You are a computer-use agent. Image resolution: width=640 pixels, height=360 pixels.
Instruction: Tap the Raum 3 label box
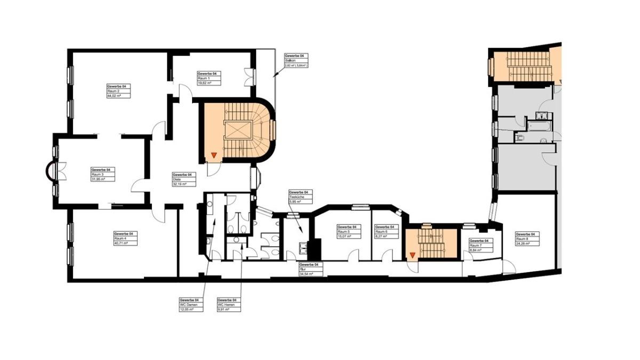[x=101, y=174]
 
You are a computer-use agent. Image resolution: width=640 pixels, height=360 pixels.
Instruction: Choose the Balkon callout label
[x=296, y=61]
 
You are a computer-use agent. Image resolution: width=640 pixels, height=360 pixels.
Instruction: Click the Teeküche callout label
[x=300, y=197]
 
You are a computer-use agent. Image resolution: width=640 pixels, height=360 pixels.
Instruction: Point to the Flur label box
[x=309, y=269]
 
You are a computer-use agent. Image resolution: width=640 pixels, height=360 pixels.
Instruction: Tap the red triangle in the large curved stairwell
[x=213, y=155]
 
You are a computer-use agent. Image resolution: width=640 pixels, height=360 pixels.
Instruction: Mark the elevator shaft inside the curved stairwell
[x=238, y=130]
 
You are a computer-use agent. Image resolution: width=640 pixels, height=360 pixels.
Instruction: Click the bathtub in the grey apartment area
[x=539, y=125]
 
